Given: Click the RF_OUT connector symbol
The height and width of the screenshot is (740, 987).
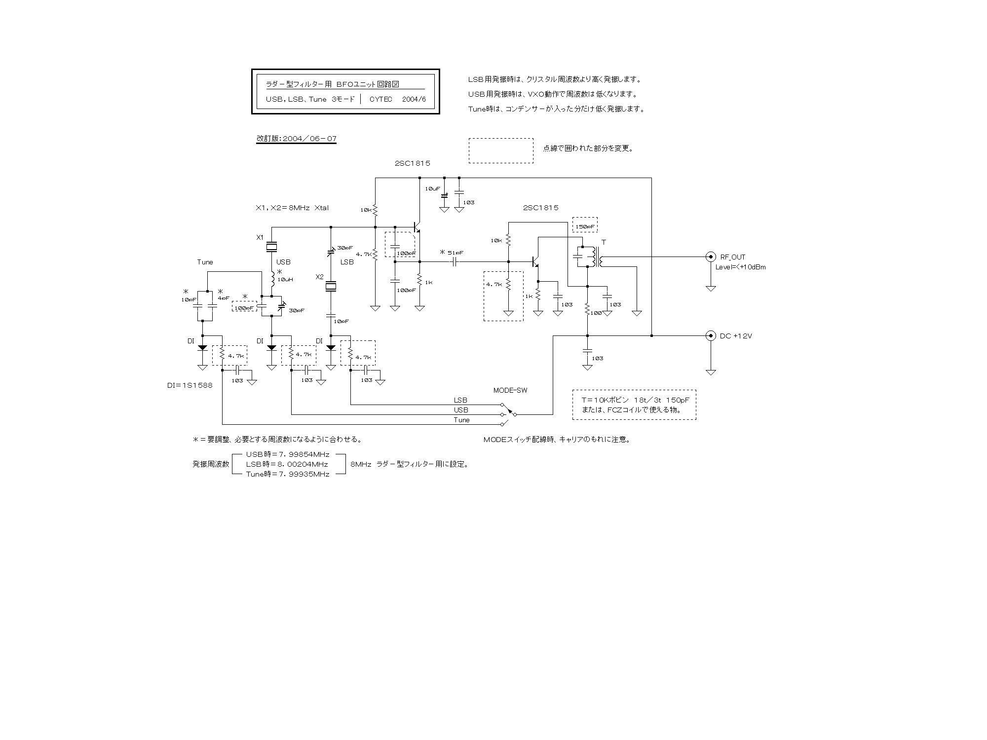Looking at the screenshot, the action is (711, 257).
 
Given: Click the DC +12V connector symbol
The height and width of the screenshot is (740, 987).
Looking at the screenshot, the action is (711, 335).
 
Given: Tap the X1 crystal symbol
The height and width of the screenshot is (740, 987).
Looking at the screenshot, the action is (271, 247).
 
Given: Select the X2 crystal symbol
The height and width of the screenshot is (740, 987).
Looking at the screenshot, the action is (331, 286).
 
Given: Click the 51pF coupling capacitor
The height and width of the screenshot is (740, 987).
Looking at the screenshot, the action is (454, 261).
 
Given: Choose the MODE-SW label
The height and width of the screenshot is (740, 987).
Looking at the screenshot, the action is (510, 390).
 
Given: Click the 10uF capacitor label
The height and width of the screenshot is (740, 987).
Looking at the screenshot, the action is (432, 188).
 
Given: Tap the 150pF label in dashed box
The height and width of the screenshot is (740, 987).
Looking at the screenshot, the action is (585, 227).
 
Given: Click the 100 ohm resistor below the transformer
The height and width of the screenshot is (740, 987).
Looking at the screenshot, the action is (587, 310).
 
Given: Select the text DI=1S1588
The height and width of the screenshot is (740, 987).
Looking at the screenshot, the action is (190, 385).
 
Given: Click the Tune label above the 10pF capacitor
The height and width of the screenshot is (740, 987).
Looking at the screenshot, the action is (205, 262).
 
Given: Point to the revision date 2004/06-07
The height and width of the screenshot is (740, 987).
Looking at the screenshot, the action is (296, 139).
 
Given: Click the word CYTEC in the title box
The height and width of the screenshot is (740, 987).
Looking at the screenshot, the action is (381, 99).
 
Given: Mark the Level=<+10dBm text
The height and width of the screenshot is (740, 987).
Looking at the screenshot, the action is (741, 267).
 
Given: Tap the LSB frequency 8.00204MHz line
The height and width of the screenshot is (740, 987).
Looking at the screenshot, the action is (287, 464).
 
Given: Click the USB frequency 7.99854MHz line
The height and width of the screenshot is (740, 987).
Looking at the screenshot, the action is (287, 454).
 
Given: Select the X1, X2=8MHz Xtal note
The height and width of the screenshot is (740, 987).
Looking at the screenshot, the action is (292, 208).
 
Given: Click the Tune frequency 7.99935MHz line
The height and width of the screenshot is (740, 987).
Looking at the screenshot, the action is (287, 474).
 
